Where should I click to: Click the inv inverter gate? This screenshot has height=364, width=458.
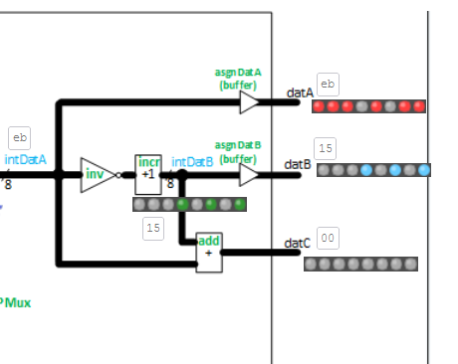click(x=97, y=174)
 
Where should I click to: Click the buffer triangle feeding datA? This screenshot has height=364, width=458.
click(x=249, y=101)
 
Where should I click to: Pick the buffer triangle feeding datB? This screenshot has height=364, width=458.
click(x=249, y=174)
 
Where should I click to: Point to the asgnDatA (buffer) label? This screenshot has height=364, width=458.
click(x=238, y=79)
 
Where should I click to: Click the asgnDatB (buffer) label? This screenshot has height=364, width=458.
click(x=237, y=152)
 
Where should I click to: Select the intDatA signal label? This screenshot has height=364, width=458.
click(x=26, y=159)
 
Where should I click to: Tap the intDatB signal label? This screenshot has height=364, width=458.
click(x=192, y=161)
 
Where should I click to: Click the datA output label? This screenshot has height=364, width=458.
click(x=300, y=92)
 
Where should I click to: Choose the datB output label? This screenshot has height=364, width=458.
click(x=298, y=164)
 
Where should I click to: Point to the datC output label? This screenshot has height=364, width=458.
click(x=297, y=243)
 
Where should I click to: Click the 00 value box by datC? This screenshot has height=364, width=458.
click(x=327, y=238)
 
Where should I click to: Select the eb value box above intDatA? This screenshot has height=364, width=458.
click(x=19, y=138)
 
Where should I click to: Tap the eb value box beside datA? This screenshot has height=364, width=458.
click(x=327, y=84)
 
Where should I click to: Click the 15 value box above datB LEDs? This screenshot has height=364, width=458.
click(x=326, y=149)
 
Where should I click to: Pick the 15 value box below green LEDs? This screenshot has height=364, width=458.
click(x=152, y=228)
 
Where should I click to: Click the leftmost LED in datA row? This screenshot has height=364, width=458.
click(x=320, y=106)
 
